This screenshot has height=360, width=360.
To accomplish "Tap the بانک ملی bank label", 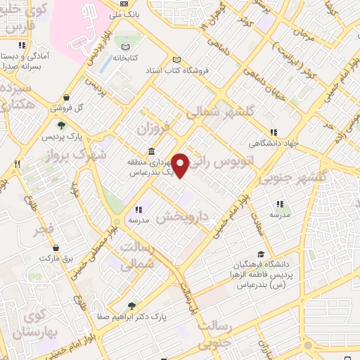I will (x=131, y=13).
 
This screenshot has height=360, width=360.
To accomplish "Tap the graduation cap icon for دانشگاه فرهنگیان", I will (x=261, y=255).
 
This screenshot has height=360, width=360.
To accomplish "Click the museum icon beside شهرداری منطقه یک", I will (x=152, y=152).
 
